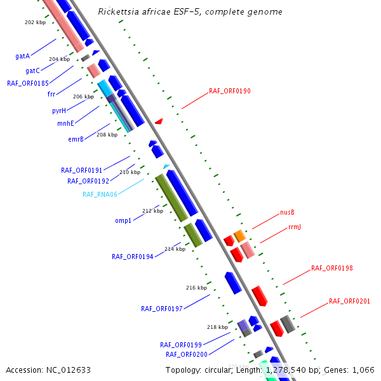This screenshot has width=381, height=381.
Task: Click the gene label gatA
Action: tap(22, 57)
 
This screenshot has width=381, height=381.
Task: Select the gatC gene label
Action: tap(32, 70)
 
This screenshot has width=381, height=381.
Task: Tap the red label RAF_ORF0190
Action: tap(229, 91)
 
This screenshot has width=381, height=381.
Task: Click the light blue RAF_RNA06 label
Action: tap(100, 194)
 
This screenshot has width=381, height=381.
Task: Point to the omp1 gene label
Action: tap(123, 221)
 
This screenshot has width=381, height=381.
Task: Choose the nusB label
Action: tap(287, 212)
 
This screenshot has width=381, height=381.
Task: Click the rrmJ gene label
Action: tap(295, 227)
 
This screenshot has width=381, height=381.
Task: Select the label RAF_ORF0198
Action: tap(331, 269)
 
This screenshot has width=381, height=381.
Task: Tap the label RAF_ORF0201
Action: tap(349, 301)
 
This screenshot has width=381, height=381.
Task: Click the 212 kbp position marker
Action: tap(152, 211)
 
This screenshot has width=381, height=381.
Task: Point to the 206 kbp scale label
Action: tap(83, 97)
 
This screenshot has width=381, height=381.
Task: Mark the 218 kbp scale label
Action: tap(217, 328)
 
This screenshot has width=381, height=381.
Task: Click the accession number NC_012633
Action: tap(48, 370)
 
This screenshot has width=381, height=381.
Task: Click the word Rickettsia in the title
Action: tap(118, 12)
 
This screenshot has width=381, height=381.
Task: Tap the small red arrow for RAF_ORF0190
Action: tap(159, 121)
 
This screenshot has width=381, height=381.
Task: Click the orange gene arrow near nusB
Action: tap(239, 236)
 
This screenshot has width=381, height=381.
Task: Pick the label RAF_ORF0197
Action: tap(161, 309)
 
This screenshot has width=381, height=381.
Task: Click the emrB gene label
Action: tap(76, 140)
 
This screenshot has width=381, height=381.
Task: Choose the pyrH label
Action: tap(59, 110)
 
